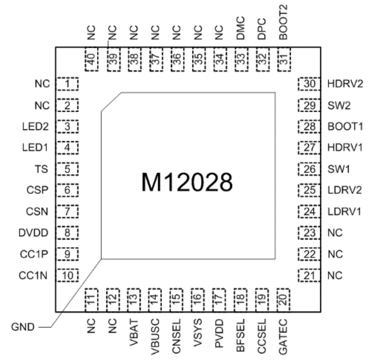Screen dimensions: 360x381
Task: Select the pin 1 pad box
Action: click(x=68, y=83)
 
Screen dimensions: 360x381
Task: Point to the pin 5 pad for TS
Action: click(x=68, y=169)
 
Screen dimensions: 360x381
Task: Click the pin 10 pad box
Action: click(x=68, y=276)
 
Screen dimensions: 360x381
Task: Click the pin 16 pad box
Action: click(x=197, y=299)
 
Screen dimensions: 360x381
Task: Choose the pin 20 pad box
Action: click(x=283, y=299)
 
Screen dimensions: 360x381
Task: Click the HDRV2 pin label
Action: click(x=345, y=83)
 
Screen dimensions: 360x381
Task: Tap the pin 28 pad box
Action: click(x=310, y=126)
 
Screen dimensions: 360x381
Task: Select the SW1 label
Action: click(x=337, y=169)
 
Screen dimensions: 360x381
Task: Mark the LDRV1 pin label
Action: click(x=344, y=211)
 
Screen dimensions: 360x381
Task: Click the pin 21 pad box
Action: click(x=310, y=276)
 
